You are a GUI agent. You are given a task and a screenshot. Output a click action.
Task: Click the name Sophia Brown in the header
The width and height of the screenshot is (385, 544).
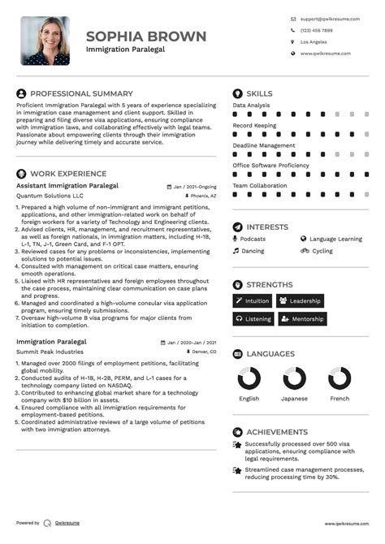(146, 37)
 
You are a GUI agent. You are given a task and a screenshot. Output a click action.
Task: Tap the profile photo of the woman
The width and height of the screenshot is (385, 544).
(45, 41)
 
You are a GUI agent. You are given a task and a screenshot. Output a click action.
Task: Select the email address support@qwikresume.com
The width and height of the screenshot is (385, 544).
(325, 18)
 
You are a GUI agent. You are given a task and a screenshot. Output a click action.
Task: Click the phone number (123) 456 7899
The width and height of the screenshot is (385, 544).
(316, 30)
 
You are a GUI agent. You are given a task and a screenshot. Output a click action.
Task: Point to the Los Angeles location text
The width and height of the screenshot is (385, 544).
(314, 41)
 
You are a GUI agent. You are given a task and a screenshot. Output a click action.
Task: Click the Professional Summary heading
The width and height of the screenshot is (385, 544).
(81, 94)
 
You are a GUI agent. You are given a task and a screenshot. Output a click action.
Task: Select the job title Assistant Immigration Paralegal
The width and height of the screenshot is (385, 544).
(67, 185)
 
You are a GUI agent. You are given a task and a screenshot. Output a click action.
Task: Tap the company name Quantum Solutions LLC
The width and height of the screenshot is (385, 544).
(50, 196)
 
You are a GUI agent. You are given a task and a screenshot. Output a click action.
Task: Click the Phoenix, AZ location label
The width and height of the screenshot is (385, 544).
(203, 196)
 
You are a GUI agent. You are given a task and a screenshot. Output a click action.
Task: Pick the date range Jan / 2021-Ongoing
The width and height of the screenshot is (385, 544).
(194, 185)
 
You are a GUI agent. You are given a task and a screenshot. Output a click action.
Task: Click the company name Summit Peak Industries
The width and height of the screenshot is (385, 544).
(49, 352)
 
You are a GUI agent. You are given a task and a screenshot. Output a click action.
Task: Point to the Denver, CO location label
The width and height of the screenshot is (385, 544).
(203, 352)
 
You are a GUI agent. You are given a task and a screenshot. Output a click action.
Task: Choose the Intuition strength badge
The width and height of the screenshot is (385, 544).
(253, 300)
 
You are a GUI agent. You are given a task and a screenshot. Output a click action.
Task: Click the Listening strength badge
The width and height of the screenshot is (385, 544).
(253, 319)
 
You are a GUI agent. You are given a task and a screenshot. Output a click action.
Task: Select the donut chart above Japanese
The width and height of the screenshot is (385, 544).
(294, 378)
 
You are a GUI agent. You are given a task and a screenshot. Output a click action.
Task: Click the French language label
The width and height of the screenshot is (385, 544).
(340, 399)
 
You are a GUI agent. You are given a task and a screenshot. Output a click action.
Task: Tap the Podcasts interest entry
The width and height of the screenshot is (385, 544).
(252, 240)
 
